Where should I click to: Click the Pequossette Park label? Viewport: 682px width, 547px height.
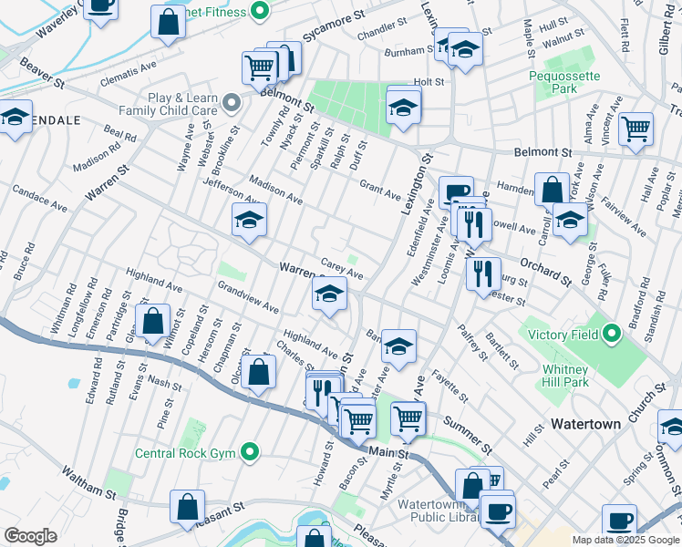click(x=563, y=83)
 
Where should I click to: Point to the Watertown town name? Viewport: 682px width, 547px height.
click(x=585, y=425)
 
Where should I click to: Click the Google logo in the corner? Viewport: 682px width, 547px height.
click(x=30, y=536)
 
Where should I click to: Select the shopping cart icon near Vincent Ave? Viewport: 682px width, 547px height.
click(x=635, y=128)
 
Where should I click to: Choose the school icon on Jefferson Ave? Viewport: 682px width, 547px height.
click(x=249, y=221)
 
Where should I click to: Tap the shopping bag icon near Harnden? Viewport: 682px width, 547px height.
click(x=552, y=190)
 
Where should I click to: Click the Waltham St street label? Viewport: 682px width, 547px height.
click(x=88, y=483)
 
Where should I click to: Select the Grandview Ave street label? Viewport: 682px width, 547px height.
click(x=247, y=297)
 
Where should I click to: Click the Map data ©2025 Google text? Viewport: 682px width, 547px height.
click(x=625, y=540)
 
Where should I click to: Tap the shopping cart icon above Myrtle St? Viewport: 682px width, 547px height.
click(x=408, y=418)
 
